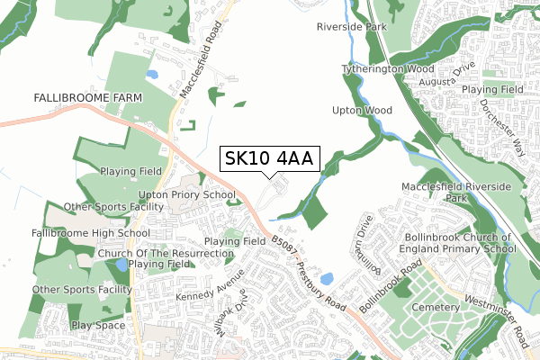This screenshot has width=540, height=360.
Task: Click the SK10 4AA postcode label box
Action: point(268,158)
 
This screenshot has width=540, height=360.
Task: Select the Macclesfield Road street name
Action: point(199,62)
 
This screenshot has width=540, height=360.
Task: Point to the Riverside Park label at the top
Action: point(351,27)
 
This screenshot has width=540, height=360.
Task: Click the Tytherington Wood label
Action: point(387,68)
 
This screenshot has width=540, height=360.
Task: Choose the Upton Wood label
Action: point(363,111)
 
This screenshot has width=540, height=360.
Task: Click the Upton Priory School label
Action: point(187,194)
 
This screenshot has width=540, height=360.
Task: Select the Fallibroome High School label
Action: point(77,233)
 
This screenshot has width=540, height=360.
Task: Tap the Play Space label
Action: point(99,325)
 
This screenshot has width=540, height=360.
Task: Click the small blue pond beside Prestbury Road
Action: point(325,279)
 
